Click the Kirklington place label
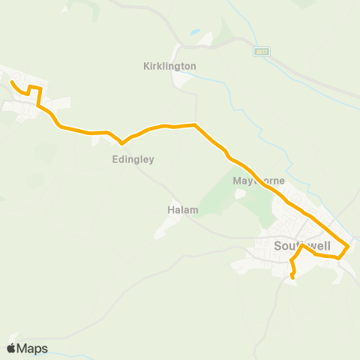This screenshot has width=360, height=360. (x=169, y=66)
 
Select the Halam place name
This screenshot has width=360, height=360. (x=181, y=211)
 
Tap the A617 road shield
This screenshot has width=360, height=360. (x=261, y=51)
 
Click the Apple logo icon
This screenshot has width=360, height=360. (x=11, y=348)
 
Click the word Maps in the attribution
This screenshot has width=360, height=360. (x=32, y=348)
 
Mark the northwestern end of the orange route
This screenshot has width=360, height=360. (x=10, y=81)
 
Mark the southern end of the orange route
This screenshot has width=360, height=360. (x=292, y=278)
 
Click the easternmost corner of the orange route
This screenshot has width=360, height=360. (x=349, y=247)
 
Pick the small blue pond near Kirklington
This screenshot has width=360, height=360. (x=196, y=33)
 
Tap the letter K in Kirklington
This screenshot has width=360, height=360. (x=145, y=66)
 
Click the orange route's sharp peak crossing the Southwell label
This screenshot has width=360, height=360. (x=301, y=245)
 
